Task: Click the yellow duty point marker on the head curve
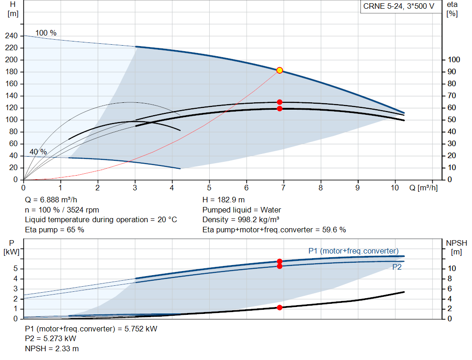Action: click(280, 71)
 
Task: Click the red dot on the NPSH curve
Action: click(280, 307)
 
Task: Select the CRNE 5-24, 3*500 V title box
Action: click(399, 6)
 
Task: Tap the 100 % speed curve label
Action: click(46, 33)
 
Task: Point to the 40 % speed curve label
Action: click(38, 152)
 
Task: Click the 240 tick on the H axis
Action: click(12, 36)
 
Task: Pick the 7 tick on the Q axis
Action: click(283, 188)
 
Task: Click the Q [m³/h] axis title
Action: click(424, 188)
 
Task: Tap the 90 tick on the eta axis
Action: click(452, 71)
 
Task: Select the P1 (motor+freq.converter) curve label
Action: click(354, 251)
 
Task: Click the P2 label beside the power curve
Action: click(397, 267)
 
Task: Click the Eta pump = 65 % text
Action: click(54, 230)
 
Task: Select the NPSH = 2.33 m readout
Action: click(52, 348)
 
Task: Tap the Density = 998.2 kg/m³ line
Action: click(241, 220)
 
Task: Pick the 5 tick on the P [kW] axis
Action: click(16, 269)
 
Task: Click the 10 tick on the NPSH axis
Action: click(452, 268)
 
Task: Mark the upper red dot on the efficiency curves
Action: click(280, 102)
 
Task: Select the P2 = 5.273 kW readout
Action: click(51, 339)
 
